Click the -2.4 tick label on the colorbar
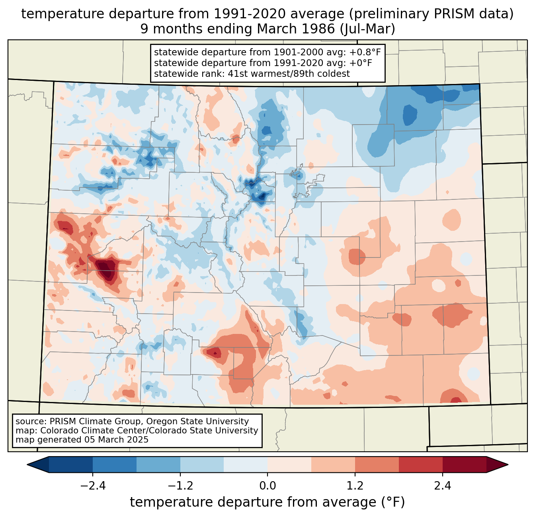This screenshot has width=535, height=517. click(93, 486)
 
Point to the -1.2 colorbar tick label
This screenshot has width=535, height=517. click(180, 486)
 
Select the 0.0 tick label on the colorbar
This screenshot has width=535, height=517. click(267, 486)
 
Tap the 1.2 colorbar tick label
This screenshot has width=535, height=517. click(355, 486)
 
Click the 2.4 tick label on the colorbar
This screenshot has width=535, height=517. click(443, 486)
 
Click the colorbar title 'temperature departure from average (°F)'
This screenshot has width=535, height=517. click(267, 502)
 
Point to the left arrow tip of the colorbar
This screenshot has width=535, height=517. click(27, 465)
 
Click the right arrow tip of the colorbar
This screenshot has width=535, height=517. click(508, 465)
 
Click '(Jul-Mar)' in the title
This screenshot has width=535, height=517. click(367, 29)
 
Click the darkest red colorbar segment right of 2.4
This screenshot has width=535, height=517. click(465, 465)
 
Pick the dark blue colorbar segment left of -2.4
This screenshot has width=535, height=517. click(70, 465)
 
